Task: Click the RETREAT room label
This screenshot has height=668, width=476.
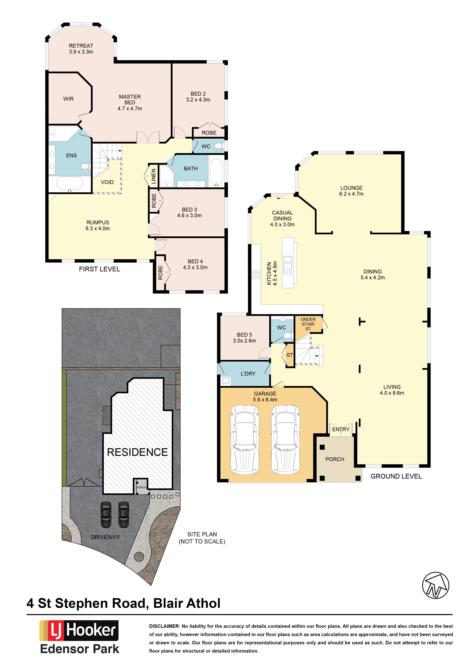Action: tap(81, 46)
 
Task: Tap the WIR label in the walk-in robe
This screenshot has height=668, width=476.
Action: tap(68, 99)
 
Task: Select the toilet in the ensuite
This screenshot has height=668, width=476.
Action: tap(85, 166)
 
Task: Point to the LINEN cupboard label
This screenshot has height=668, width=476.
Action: tap(154, 176)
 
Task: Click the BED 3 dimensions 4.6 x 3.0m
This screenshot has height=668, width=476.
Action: tap(189, 215)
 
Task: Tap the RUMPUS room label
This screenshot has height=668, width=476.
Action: tap(98, 222)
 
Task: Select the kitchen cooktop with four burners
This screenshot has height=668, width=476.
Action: tap(256, 275)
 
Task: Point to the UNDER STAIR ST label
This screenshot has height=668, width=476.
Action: tap(308, 324)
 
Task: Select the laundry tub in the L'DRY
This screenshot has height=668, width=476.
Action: tap(226, 381)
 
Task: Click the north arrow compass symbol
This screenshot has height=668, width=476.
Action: tap(435, 585)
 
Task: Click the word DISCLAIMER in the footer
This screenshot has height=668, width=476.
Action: tap(164, 626)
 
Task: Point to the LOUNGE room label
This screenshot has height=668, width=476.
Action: tap(351, 188)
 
